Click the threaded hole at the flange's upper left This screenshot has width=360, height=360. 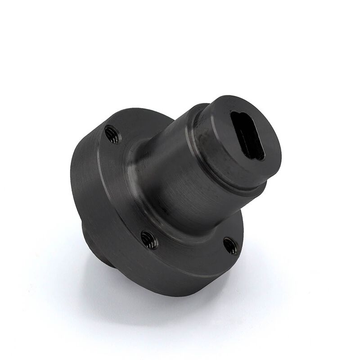pos(112,134)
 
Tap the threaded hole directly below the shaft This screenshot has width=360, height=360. pos(148,239)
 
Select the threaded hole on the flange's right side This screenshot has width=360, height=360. pos(231,246)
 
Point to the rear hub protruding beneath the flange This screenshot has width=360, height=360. pos(97,245)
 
